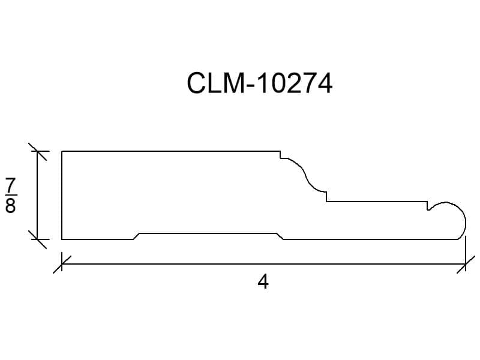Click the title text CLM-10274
tap(259, 83)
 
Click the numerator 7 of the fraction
tap(11, 185)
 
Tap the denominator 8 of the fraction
tap(10, 205)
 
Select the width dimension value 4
tap(263, 282)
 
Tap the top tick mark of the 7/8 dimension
tap(37, 152)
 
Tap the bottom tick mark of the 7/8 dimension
tap(37, 239)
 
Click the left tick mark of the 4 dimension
tap(62, 264)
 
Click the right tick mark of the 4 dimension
tap(466, 264)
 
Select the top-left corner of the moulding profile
tap(62, 151)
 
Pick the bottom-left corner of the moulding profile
tap(62, 239)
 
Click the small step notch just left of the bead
tap(428, 206)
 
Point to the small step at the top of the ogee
tap(281, 155)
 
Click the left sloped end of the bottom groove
tap(137, 236)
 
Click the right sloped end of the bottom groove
tap(280, 236)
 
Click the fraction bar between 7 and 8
tap(11, 195)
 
